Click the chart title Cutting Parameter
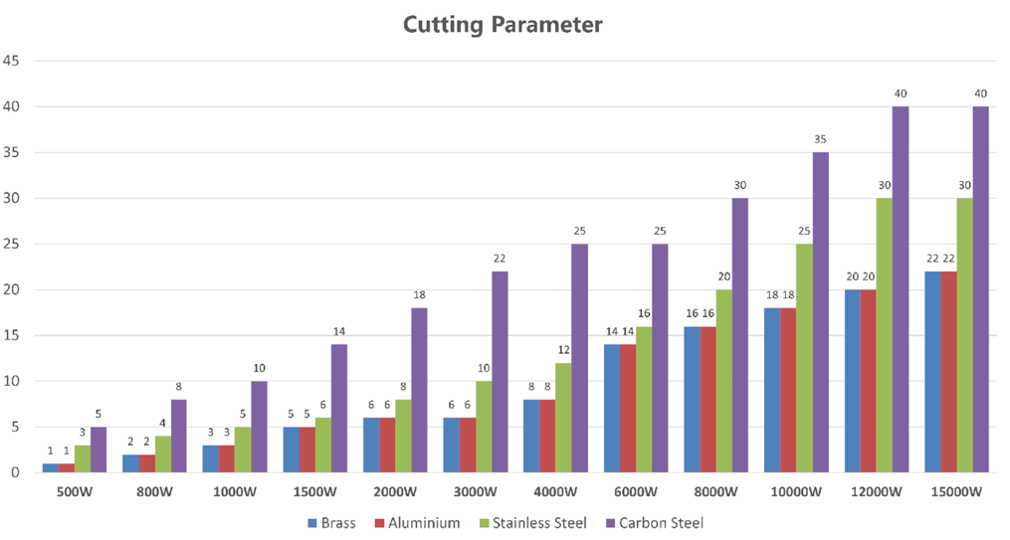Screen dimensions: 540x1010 pyautogui.click(x=503, y=24)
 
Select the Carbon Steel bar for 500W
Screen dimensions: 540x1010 pyautogui.click(x=99, y=450)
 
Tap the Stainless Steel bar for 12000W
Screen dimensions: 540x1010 pyautogui.click(x=885, y=335)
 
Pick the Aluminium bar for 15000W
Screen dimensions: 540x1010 pyautogui.click(x=948, y=372)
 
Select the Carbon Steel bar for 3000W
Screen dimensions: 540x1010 pyautogui.click(x=500, y=372)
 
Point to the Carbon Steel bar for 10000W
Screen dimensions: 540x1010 pyautogui.click(x=821, y=312)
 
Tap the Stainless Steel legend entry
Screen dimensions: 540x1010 pyautogui.click(x=532, y=522)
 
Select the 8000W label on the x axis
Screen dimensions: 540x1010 pyautogui.click(x=716, y=492)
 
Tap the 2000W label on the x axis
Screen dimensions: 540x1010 pyautogui.click(x=395, y=492)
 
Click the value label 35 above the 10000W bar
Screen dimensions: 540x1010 pyautogui.click(x=821, y=140)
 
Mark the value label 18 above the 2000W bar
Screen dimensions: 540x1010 pyautogui.click(x=419, y=295)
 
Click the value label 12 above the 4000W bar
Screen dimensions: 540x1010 pyautogui.click(x=564, y=350)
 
